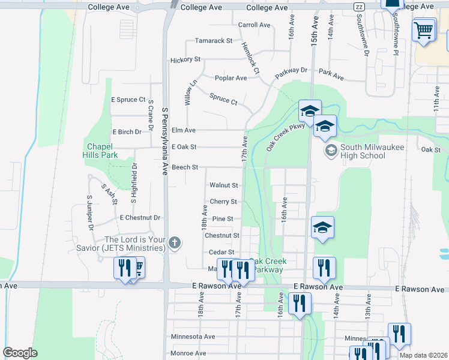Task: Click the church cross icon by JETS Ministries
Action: pos(174,243)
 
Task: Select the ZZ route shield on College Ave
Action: pos(360,7)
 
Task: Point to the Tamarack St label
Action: pos(213,41)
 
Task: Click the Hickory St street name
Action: pos(185,60)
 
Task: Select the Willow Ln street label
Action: pos(191,93)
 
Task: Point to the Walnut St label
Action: pos(223,185)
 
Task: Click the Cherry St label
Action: pos(223,202)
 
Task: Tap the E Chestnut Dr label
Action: pos(140,218)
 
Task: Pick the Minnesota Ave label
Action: pos(193,337)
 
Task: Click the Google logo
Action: pos(20,353)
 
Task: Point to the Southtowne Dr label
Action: pos(362,36)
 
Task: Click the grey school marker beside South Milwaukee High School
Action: pos(330,151)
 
